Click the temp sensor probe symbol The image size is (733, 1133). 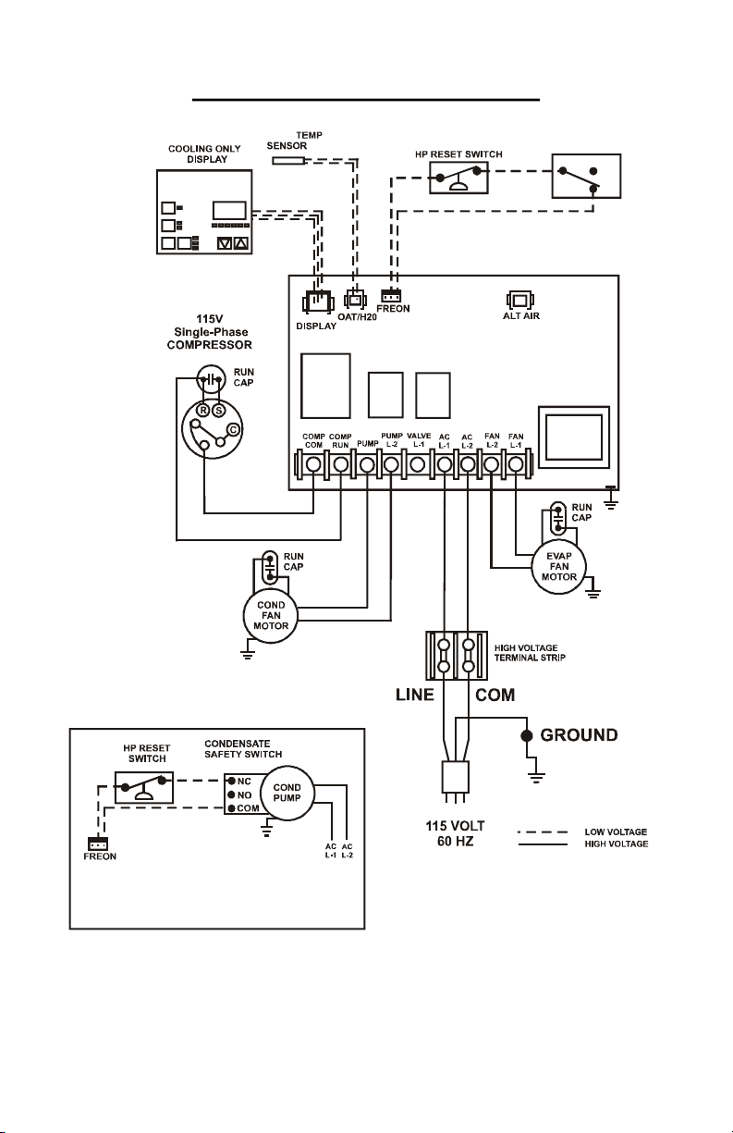288,160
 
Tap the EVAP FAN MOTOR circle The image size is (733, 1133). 558,566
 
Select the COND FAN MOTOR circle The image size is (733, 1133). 271,616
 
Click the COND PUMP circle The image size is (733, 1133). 287,793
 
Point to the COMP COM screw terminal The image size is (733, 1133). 313,464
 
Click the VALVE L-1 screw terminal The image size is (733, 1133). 417,464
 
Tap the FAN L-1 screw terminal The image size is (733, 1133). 515,464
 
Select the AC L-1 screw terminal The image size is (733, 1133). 444,464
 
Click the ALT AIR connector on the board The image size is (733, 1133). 520,300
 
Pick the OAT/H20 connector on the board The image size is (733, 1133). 355,300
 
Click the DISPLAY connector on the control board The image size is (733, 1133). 317,302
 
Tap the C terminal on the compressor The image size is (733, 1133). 233,429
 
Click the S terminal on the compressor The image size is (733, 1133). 219,411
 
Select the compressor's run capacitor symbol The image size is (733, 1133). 212,379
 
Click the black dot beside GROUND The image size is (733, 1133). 527,735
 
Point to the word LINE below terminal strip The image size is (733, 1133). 414,695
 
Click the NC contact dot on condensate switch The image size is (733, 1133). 231,781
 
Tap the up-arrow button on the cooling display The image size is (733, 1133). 241,243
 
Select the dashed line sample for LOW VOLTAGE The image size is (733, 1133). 542,831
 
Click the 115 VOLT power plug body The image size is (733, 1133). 455,776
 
